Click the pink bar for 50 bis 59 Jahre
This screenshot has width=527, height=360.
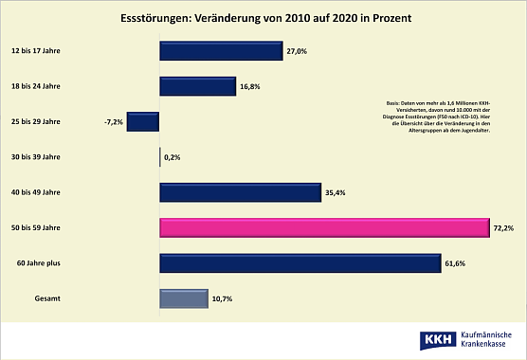pos(324,228)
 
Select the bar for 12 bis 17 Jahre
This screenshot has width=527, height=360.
pos(221,51)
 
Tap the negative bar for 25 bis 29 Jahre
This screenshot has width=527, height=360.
pos(142,122)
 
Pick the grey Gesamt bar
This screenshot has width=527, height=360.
pos(183,299)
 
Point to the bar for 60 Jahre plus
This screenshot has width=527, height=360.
pos(300,263)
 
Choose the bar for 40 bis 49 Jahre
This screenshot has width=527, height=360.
pos(241,193)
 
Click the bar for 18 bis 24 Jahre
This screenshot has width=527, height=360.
pos(197,86)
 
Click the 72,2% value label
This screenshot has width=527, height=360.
pos(503,228)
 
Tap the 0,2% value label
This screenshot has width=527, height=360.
pos(173,158)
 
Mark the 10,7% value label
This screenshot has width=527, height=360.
pos(222,299)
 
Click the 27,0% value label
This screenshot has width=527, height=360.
pos(298,52)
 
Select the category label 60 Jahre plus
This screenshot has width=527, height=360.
pos(35,263)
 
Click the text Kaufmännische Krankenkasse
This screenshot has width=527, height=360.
pos(490,340)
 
